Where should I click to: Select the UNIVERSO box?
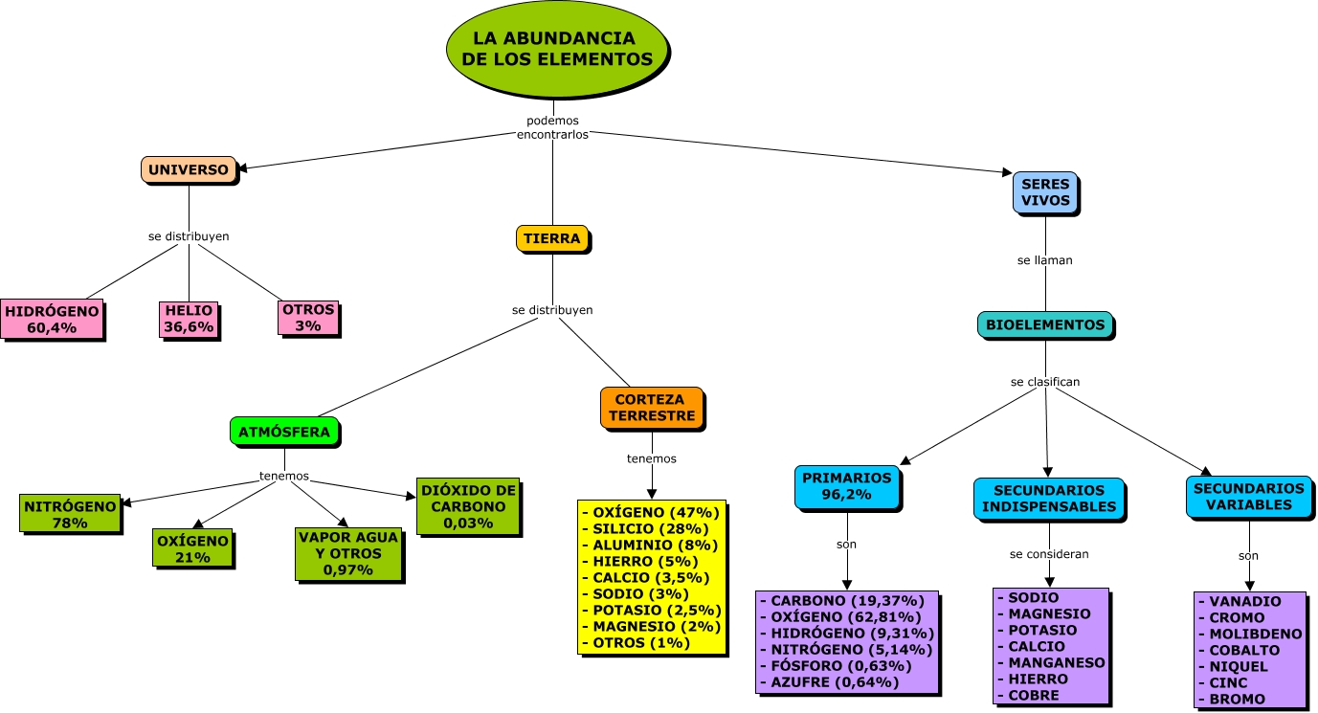pos(189,170)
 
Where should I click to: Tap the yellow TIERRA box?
pos(552,239)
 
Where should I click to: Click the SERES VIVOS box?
pos(1045,192)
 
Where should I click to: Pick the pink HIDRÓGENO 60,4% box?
pos(52,320)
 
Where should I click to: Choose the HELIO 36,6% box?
pos(189,320)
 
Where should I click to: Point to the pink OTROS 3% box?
pos(308,318)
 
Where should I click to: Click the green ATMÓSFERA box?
pos(284,432)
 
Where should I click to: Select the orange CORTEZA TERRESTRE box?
pos(652,408)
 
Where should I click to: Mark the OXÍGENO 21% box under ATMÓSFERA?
pos(192,548)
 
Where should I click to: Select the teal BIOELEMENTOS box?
pos(1045,324)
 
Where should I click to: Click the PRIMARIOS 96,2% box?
pos(847,486)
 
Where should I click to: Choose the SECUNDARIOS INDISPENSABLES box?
pos(1049,499)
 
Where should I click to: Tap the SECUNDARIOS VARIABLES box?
pos(1248,497)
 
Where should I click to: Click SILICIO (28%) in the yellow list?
pos(652,528)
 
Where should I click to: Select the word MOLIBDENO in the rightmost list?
pos(1255,634)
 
